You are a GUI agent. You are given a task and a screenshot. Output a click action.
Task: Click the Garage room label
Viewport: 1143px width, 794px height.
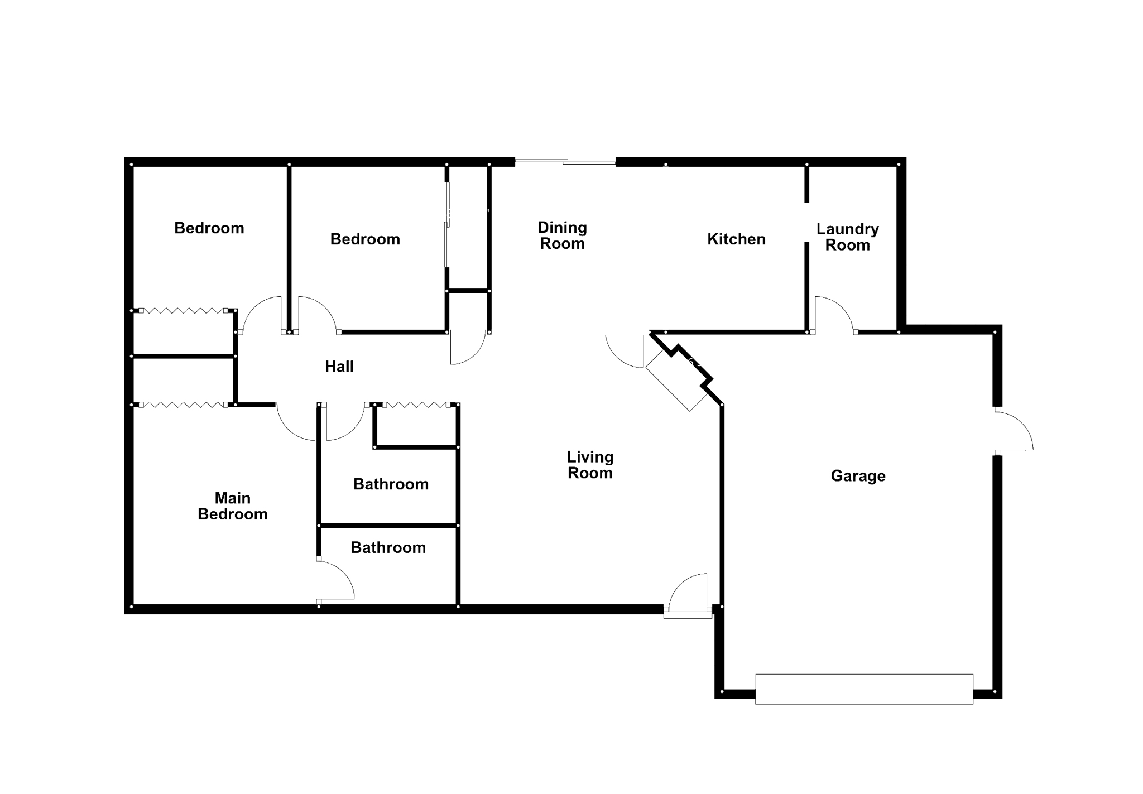858,476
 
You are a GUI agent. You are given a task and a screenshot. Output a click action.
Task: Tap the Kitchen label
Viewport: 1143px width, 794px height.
736,239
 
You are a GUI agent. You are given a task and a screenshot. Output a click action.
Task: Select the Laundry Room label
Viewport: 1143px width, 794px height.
847,237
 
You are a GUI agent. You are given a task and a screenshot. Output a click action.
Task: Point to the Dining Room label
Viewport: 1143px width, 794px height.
562,235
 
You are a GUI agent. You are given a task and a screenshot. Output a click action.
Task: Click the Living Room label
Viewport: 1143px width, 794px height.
590,465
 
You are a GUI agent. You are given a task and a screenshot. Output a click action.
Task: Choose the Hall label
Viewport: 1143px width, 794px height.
339,367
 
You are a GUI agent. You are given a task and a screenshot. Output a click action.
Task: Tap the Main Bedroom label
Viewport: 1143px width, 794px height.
233,506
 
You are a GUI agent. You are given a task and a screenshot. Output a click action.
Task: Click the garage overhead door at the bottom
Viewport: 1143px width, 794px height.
864,689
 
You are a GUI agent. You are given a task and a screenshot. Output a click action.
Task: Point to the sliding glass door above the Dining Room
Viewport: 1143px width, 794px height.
565,162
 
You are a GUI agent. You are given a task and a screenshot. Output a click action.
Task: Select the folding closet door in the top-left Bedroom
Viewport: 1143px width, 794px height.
183,311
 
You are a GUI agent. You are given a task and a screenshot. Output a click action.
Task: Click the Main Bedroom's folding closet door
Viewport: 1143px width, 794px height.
183,405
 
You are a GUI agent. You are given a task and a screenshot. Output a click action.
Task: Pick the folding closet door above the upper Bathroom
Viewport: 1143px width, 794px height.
415,405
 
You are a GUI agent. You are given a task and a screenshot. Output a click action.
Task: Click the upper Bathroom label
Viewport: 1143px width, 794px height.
391,484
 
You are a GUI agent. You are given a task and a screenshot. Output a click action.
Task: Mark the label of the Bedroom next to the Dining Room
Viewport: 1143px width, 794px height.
365,239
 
